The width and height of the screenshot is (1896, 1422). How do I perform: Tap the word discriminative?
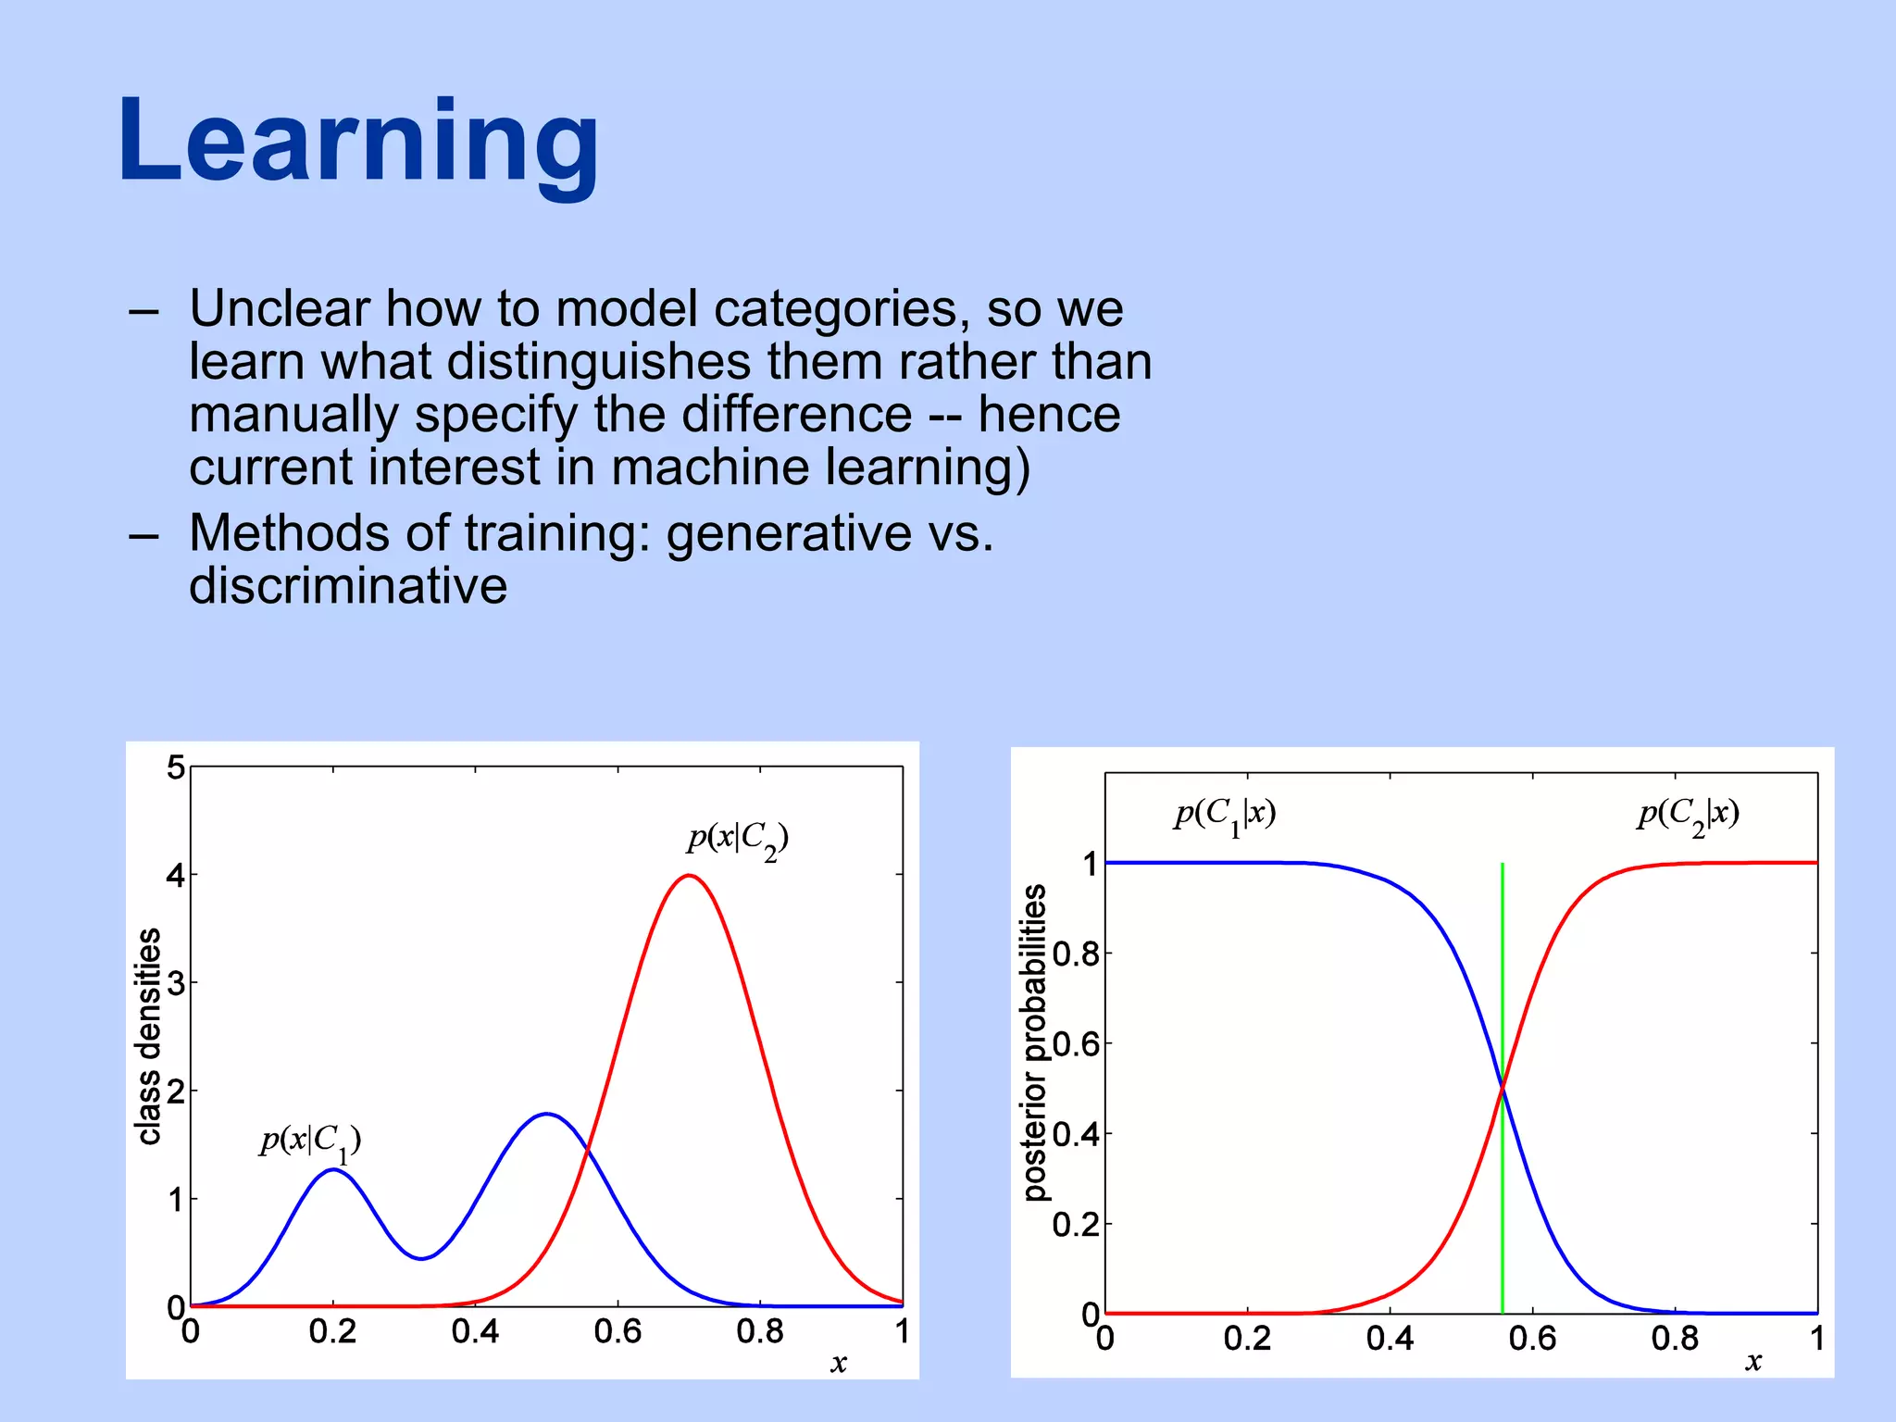[348, 587]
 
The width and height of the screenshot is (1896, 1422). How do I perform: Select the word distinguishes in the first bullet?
[598, 362]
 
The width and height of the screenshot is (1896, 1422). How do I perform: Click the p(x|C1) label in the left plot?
[310, 1141]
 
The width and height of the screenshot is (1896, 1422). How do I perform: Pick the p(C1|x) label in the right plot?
[1226, 816]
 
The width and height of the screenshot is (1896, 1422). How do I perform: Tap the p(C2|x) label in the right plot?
[1689, 816]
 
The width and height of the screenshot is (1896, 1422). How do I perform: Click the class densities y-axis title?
[149, 1036]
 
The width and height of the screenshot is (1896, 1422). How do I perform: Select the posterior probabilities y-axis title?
[1035, 1042]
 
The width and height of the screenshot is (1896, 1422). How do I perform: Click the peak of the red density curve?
[689, 875]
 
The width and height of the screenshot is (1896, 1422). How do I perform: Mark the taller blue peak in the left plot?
[547, 1114]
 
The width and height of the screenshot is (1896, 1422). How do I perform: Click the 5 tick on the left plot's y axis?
[175, 767]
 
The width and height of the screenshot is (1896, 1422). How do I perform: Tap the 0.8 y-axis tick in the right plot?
[1076, 954]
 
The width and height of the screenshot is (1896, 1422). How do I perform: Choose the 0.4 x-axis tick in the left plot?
[475, 1332]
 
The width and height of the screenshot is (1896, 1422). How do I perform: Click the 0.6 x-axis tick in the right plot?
[1532, 1339]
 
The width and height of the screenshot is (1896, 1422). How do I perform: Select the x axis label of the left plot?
[839, 1364]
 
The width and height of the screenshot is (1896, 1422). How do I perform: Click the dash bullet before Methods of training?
[143, 536]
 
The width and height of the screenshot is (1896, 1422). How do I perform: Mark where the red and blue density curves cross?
[587, 1149]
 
